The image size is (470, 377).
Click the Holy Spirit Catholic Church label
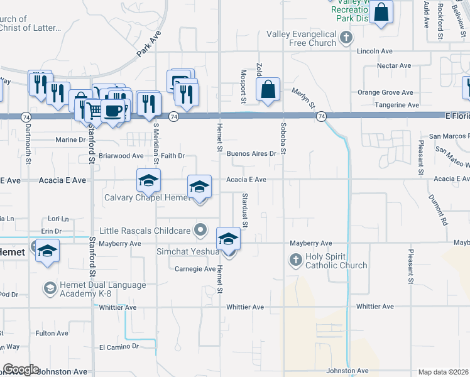coord(336,261)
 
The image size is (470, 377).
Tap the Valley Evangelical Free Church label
coord(301,38)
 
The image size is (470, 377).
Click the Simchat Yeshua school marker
coord(227,239)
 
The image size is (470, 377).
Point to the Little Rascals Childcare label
coord(145,231)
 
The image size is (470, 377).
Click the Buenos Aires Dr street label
coord(251,153)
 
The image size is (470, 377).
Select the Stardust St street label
coord(244,210)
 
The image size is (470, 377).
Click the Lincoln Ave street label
coord(374,52)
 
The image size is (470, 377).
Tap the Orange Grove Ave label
coord(385,92)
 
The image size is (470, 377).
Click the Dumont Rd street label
coord(437,209)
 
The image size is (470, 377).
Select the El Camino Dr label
coord(119,346)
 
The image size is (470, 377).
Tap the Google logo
coord(21,369)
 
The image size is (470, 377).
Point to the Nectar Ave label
coord(393,65)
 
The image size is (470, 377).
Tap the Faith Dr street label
coord(173,155)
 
